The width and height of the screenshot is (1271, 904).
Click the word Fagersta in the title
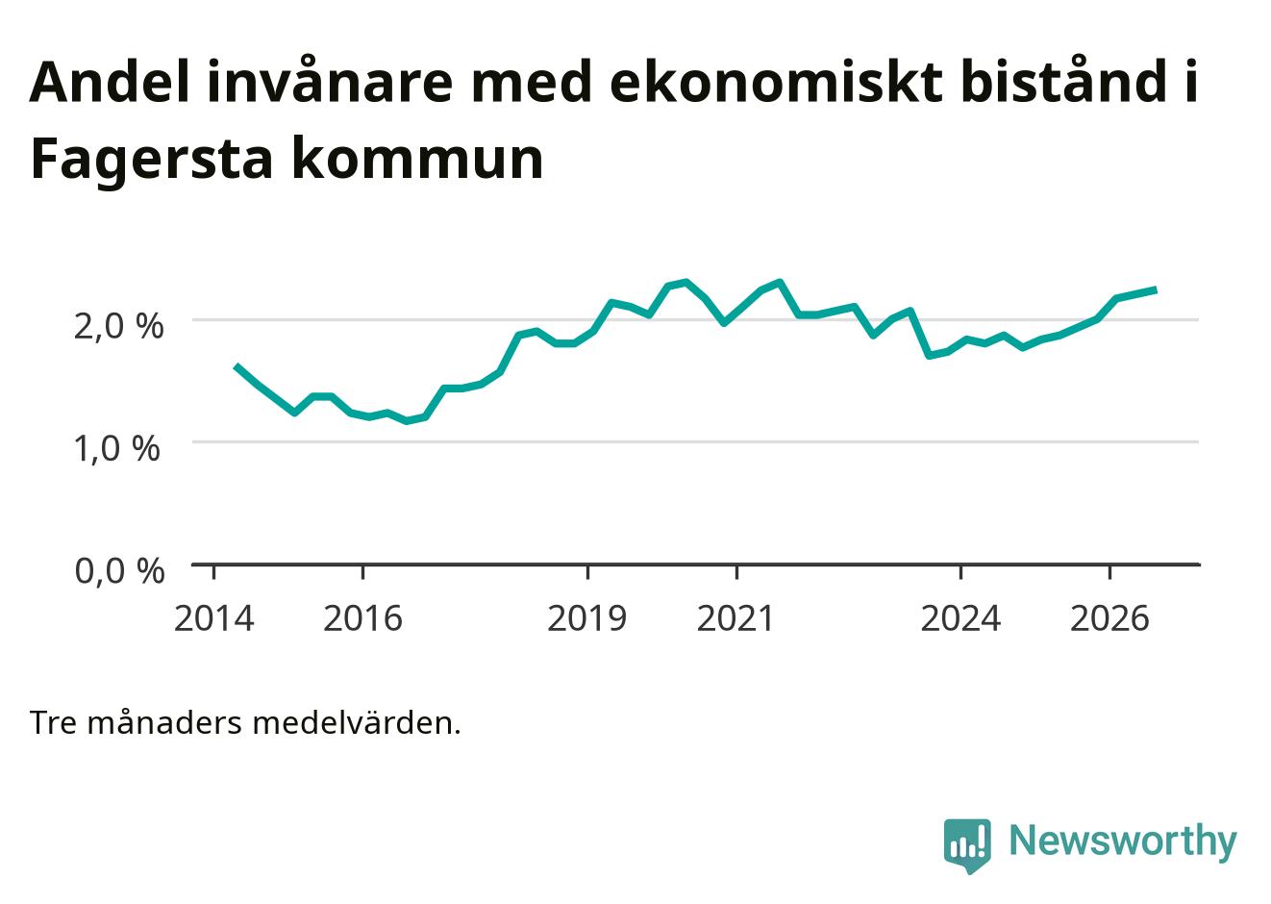click(x=152, y=160)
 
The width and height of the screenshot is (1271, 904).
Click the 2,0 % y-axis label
click(x=118, y=326)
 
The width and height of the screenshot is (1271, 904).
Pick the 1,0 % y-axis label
click(x=117, y=448)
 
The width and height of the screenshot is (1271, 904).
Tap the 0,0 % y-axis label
click(x=119, y=570)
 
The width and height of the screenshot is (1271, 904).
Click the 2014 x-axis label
click(x=213, y=618)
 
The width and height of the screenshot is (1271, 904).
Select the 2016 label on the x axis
click(x=362, y=618)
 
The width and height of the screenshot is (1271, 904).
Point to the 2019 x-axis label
click(x=587, y=618)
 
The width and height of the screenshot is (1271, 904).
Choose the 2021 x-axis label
click(x=735, y=618)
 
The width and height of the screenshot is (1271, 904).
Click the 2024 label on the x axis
click(x=960, y=618)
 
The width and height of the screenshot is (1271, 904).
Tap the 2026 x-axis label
click(x=1109, y=618)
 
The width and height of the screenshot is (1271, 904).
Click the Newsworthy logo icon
click(x=967, y=845)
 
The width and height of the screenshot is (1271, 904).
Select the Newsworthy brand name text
click(x=1123, y=841)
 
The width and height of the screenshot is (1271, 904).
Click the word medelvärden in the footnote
click(x=357, y=723)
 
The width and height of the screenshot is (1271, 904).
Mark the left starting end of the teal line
click(x=237, y=366)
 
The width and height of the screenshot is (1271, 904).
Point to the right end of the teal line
click(x=1156, y=290)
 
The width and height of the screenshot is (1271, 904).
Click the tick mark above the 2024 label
click(x=960, y=572)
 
